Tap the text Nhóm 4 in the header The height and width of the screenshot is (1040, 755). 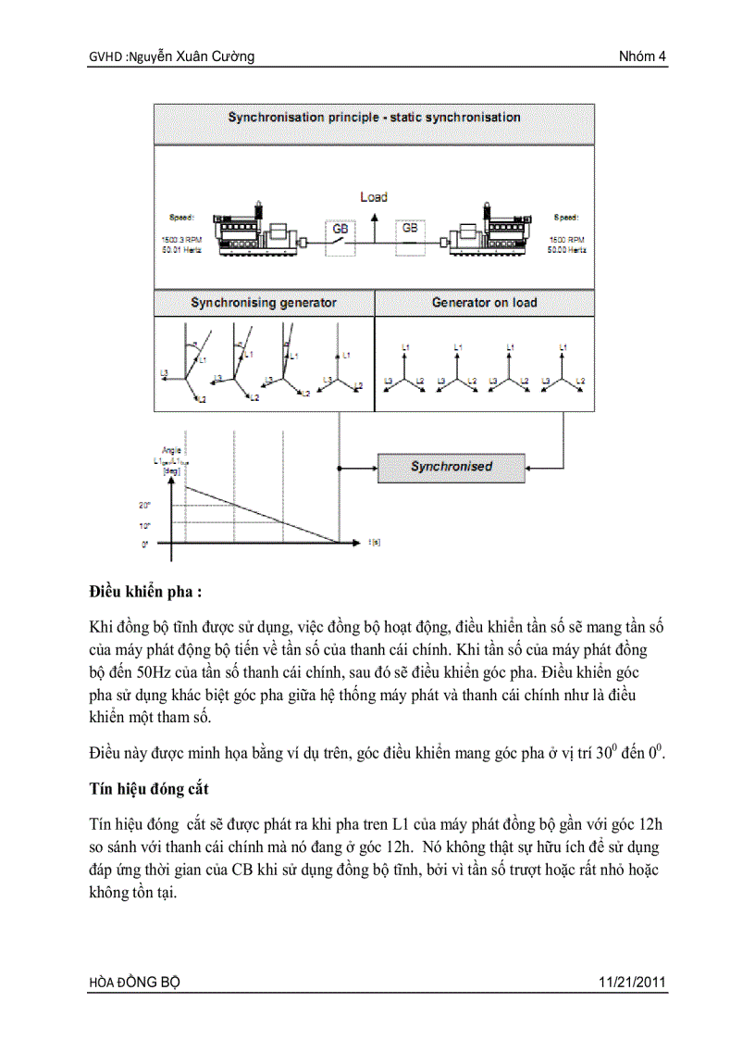tap(642, 57)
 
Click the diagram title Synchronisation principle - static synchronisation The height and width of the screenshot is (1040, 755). tap(374, 118)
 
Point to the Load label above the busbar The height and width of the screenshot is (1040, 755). tap(374, 197)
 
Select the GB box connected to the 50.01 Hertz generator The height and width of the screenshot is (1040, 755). tap(336, 228)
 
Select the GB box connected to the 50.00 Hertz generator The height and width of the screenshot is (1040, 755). tap(409, 227)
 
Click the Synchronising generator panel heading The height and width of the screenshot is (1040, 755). tap(264, 303)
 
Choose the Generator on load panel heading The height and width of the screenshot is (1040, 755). tap(484, 303)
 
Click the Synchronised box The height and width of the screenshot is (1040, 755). tap(452, 467)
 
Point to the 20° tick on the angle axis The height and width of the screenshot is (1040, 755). tap(145, 506)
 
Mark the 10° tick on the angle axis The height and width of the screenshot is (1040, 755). tap(145, 526)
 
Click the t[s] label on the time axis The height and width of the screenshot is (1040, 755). tap(374, 543)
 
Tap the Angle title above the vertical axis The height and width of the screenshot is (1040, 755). tap(171, 450)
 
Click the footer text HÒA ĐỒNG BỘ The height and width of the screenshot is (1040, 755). tap(129, 983)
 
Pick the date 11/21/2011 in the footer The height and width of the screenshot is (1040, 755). tap(633, 983)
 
